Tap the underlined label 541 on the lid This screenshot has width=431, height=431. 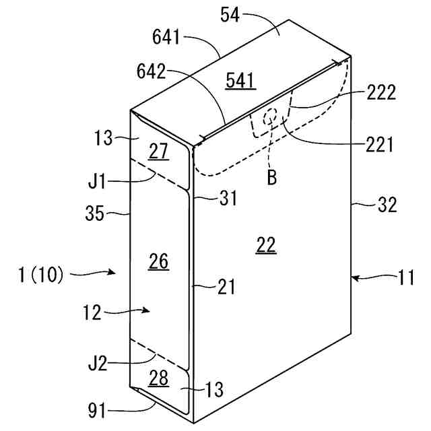tap(240, 81)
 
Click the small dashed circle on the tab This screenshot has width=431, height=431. tap(270, 117)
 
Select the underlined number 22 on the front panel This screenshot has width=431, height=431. tap(266, 246)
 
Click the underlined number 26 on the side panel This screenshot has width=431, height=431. tap(159, 261)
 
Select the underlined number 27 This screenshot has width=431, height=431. tap(159, 152)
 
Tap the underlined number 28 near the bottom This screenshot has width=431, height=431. tap(158, 378)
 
